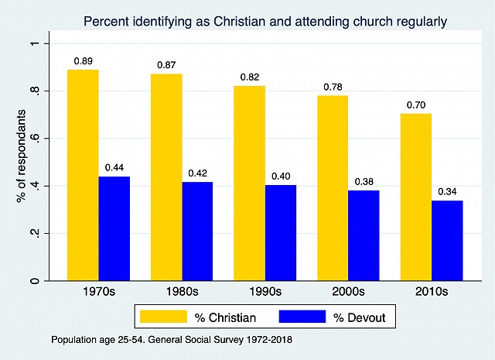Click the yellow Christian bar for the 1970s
[x=83, y=175]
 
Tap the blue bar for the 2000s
[x=364, y=235]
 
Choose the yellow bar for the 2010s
[x=416, y=197]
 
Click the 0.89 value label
[x=83, y=60]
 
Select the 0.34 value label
[x=447, y=191]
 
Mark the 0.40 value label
[x=280, y=176]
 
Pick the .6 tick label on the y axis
[x=34, y=139]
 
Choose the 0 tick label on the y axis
[x=34, y=280]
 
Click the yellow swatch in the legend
[x=163, y=317]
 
